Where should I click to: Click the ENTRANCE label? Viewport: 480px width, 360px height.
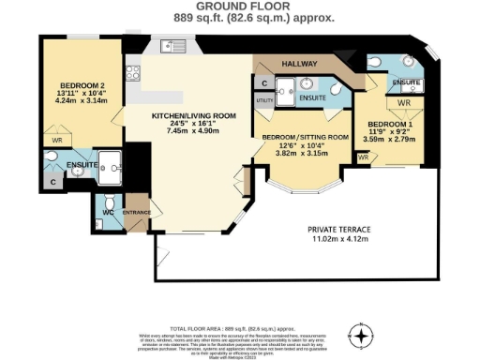(x=139, y=213)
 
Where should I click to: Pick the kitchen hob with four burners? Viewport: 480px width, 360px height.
(x=134, y=70)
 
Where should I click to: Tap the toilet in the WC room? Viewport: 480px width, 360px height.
(x=109, y=202)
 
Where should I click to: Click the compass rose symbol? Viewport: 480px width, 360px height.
(x=359, y=333)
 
